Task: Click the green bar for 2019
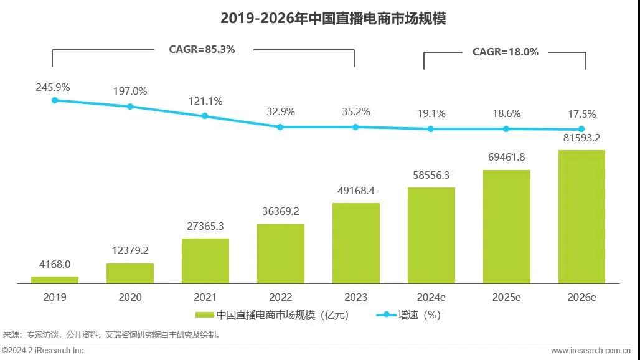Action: tap(55, 280)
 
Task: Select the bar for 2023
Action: tap(355, 243)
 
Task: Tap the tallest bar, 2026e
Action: tap(581, 217)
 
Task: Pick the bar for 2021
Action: tap(205, 261)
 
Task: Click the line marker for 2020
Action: tap(130, 107)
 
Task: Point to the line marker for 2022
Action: tap(280, 126)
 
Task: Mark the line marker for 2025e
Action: tap(506, 129)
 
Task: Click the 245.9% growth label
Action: tap(53, 87)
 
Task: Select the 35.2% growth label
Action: tap(355, 112)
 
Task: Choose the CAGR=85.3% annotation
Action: tap(202, 49)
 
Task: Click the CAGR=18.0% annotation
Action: tap(506, 52)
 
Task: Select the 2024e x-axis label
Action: tap(431, 297)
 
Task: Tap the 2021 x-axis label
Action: tap(205, 297)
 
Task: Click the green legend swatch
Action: tap(204, 315)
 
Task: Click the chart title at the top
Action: tap(333, 19)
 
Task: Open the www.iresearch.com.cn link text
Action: tap(594, 351)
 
